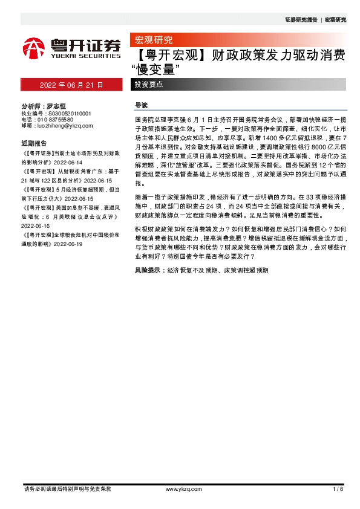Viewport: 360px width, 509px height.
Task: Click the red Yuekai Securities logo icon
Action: coord(34,47)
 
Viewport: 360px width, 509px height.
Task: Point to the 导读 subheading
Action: coord(140,105)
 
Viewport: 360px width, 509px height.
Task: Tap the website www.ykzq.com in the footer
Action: coord(180,489)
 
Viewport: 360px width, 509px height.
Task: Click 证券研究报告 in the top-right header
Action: coord(301,20)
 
